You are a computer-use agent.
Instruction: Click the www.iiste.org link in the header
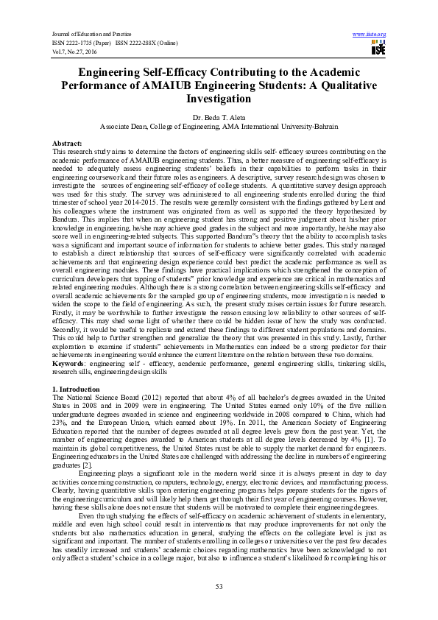coord(370,35)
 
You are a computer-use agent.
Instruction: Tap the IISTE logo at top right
coord(378,49)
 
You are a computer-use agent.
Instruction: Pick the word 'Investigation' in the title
coord(219,98)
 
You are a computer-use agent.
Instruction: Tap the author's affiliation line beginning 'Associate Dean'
coord(219,126)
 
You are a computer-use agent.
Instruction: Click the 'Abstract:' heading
coord(68,141)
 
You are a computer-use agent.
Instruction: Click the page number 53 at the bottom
coord(219,585)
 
